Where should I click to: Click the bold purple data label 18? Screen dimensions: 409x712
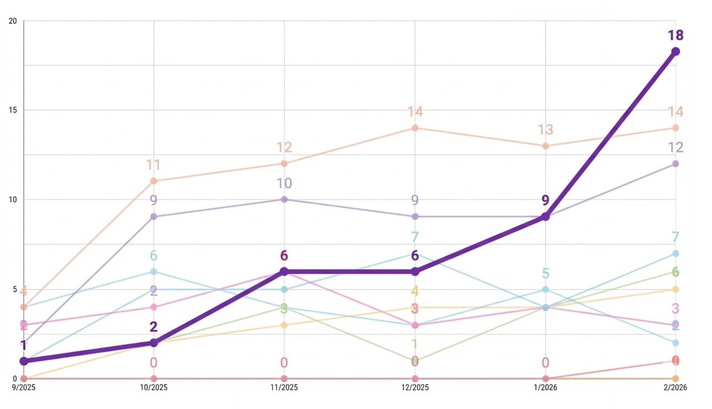coord(675,35)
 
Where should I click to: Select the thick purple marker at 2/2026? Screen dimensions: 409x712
coord(675,52)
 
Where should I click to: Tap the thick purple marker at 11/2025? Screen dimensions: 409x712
coord(284,271)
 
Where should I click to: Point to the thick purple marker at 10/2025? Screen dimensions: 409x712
coord(154,343)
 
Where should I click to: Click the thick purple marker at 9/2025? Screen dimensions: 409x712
coord(24,361)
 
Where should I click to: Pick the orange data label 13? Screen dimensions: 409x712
coord(545,130)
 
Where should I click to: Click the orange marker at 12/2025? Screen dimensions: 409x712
coord(415,128)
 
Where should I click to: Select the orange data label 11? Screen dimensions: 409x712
coord(153,165)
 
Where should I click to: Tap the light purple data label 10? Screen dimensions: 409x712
coord(284,183)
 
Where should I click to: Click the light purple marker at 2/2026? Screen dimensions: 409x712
coord(675,164)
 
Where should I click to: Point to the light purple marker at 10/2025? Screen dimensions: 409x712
coord(154,217)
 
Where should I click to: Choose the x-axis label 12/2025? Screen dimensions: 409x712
coord(415,388)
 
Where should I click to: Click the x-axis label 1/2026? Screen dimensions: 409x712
coord(545,388)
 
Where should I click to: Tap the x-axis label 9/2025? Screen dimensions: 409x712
coord(24,388)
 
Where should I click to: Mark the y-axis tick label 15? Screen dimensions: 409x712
coord(13,110)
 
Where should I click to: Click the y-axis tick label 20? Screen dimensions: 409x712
coord(13,21)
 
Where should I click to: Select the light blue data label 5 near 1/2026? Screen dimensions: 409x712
coord(545,273)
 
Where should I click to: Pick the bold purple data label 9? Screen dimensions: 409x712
coord(545,200)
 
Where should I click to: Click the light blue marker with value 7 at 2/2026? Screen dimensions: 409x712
coord(675,254)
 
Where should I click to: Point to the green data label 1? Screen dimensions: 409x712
coord(414,344)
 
